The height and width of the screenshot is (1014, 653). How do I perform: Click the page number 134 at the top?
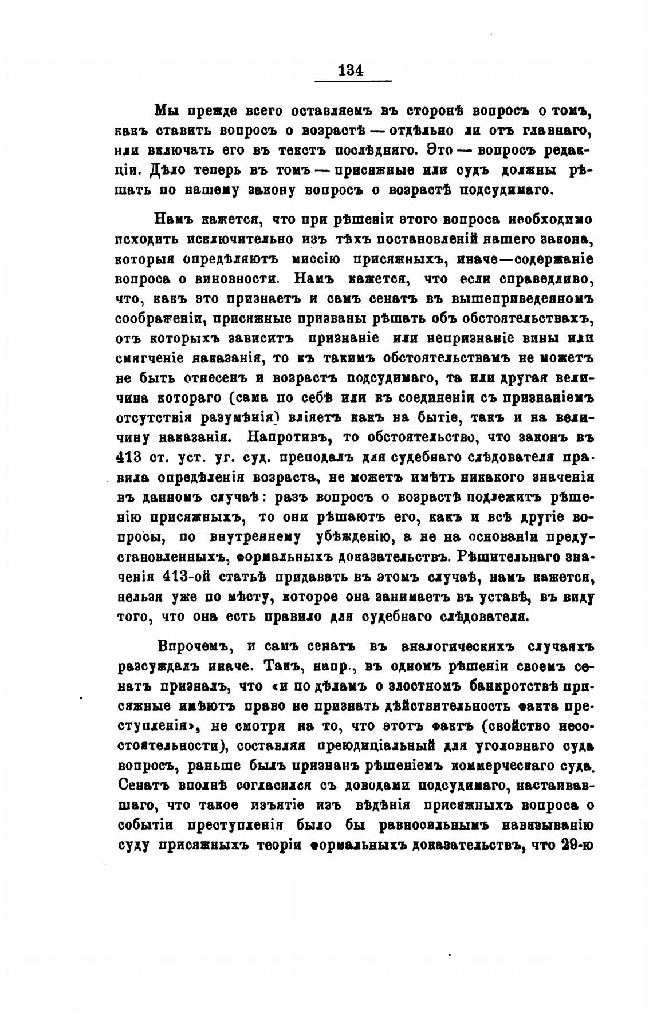351,70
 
